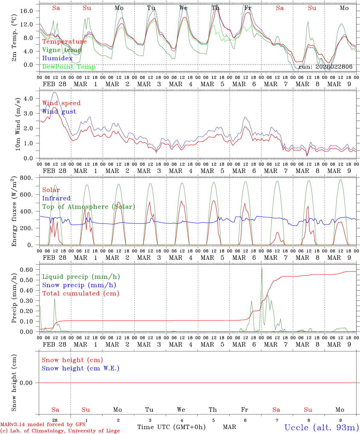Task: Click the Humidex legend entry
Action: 57,58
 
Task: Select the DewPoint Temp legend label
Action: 69,67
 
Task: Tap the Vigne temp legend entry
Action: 62,50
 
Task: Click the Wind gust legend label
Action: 59,112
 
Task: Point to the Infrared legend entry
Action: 56,198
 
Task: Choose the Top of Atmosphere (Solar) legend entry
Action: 89,207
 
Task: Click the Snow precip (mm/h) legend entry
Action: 79,285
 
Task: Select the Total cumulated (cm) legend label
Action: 81,294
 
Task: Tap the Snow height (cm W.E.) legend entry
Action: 81,368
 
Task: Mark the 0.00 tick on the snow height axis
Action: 30,383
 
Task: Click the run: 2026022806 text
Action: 325,67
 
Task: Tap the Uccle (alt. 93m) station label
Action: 322,427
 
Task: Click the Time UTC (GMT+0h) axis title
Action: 171,427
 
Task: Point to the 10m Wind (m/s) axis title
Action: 17,124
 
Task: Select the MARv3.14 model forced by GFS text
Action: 43,425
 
